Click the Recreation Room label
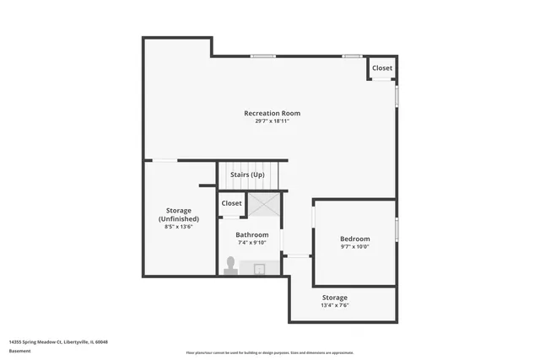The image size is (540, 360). pos(272,113)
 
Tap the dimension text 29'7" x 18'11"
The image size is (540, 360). pos(272,121)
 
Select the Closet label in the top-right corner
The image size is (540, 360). pos(382,68)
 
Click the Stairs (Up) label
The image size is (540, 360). pos(247,175)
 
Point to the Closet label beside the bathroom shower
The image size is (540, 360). pos(231,203)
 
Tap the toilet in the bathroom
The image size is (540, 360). pos(230,266)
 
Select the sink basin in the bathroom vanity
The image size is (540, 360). pos(260,269)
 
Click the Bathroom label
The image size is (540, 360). pos(252,234)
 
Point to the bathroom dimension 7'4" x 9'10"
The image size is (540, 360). pos(252,243)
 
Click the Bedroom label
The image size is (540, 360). pos(354,239)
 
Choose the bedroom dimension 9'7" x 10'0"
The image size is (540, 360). pos(354,247)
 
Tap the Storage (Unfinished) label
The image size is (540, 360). pos(178,214)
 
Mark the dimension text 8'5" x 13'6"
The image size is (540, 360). pos(178,227)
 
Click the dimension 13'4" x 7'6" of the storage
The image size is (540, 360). pos(334,305)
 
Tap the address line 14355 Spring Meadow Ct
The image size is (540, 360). pos(59,341)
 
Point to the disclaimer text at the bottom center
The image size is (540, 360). pos(269,352)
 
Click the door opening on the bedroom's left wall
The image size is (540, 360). pos(314,218)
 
